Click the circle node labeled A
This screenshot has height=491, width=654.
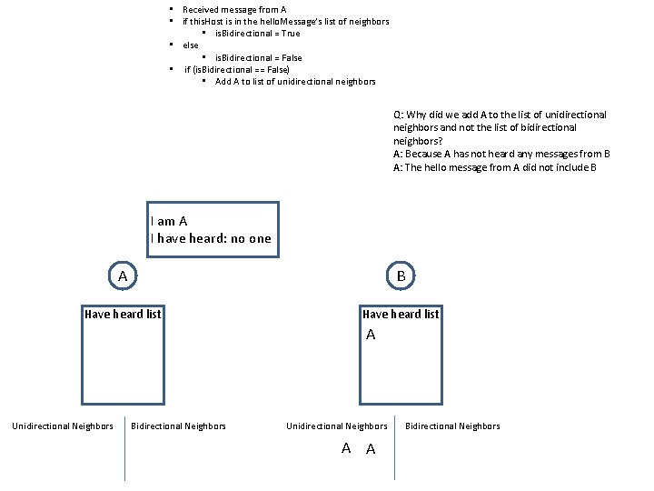coord(123,275)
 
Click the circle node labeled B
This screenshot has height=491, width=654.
coord(401,275)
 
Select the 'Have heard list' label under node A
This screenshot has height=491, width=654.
coord(123,315)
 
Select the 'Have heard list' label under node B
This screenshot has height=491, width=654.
coord(401,315)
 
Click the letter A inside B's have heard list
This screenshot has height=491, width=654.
coord(371,336)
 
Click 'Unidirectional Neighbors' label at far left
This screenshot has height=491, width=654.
coord(62,426)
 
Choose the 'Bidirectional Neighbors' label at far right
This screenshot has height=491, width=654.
coord(452,426)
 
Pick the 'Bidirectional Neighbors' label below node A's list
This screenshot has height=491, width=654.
coord(179,426)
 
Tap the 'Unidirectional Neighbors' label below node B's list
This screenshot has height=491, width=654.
coord(337,426)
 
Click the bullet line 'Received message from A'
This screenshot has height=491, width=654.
coord(234,9)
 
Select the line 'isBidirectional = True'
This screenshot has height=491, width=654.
coord(257,34)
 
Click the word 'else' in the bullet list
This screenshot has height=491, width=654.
coord(191,45)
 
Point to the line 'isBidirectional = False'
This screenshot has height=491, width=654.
coord(259,58)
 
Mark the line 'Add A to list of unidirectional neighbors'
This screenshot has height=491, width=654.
coord(295,82)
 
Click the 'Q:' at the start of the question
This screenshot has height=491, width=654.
coord(399,115)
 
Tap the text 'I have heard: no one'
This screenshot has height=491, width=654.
coord(211,239)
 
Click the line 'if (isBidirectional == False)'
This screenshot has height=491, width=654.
coord(237,70)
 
